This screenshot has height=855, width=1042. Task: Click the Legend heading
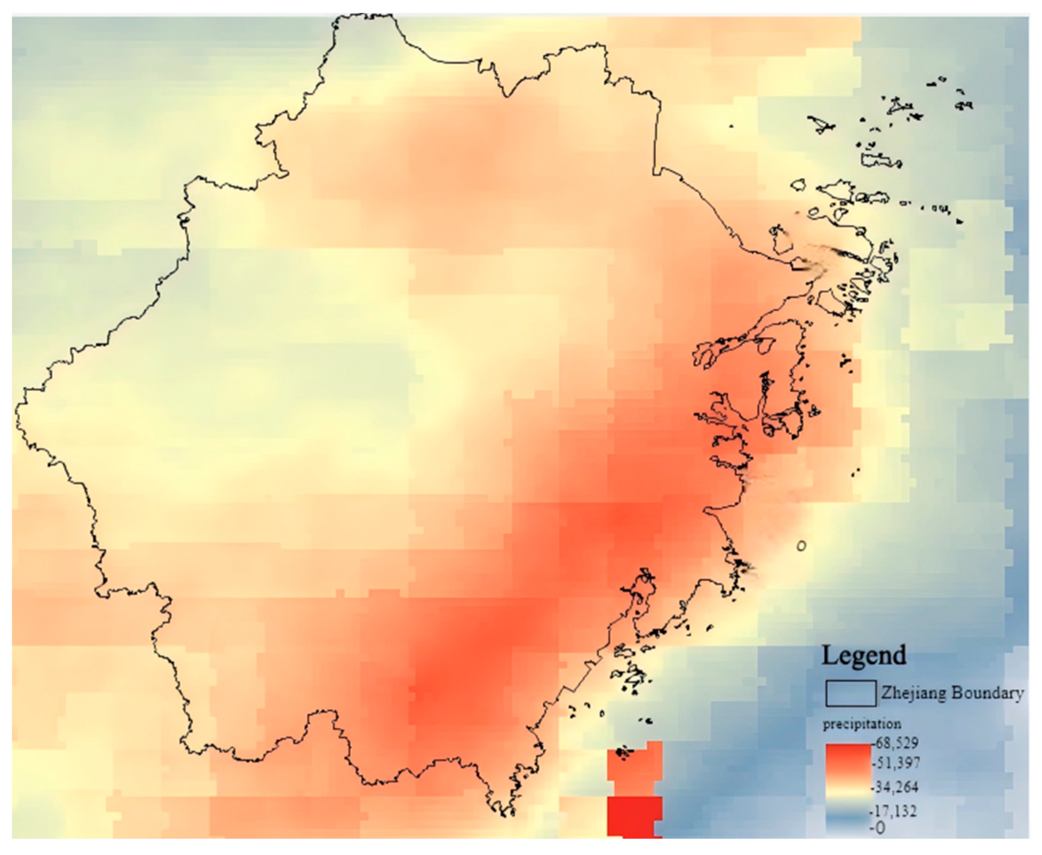click(x=864, y=656)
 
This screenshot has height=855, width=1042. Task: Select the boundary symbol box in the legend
click(x=851, y=693)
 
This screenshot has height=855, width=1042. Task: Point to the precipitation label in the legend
click(x=862, y=724)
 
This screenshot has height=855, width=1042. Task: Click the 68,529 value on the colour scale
click(x=896, y=743)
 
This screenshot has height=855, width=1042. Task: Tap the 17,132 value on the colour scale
click(x=896, y=810)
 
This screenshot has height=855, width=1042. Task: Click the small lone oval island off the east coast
click(x=801, y=546)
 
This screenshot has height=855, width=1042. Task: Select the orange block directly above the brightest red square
click(x=634, y=768)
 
